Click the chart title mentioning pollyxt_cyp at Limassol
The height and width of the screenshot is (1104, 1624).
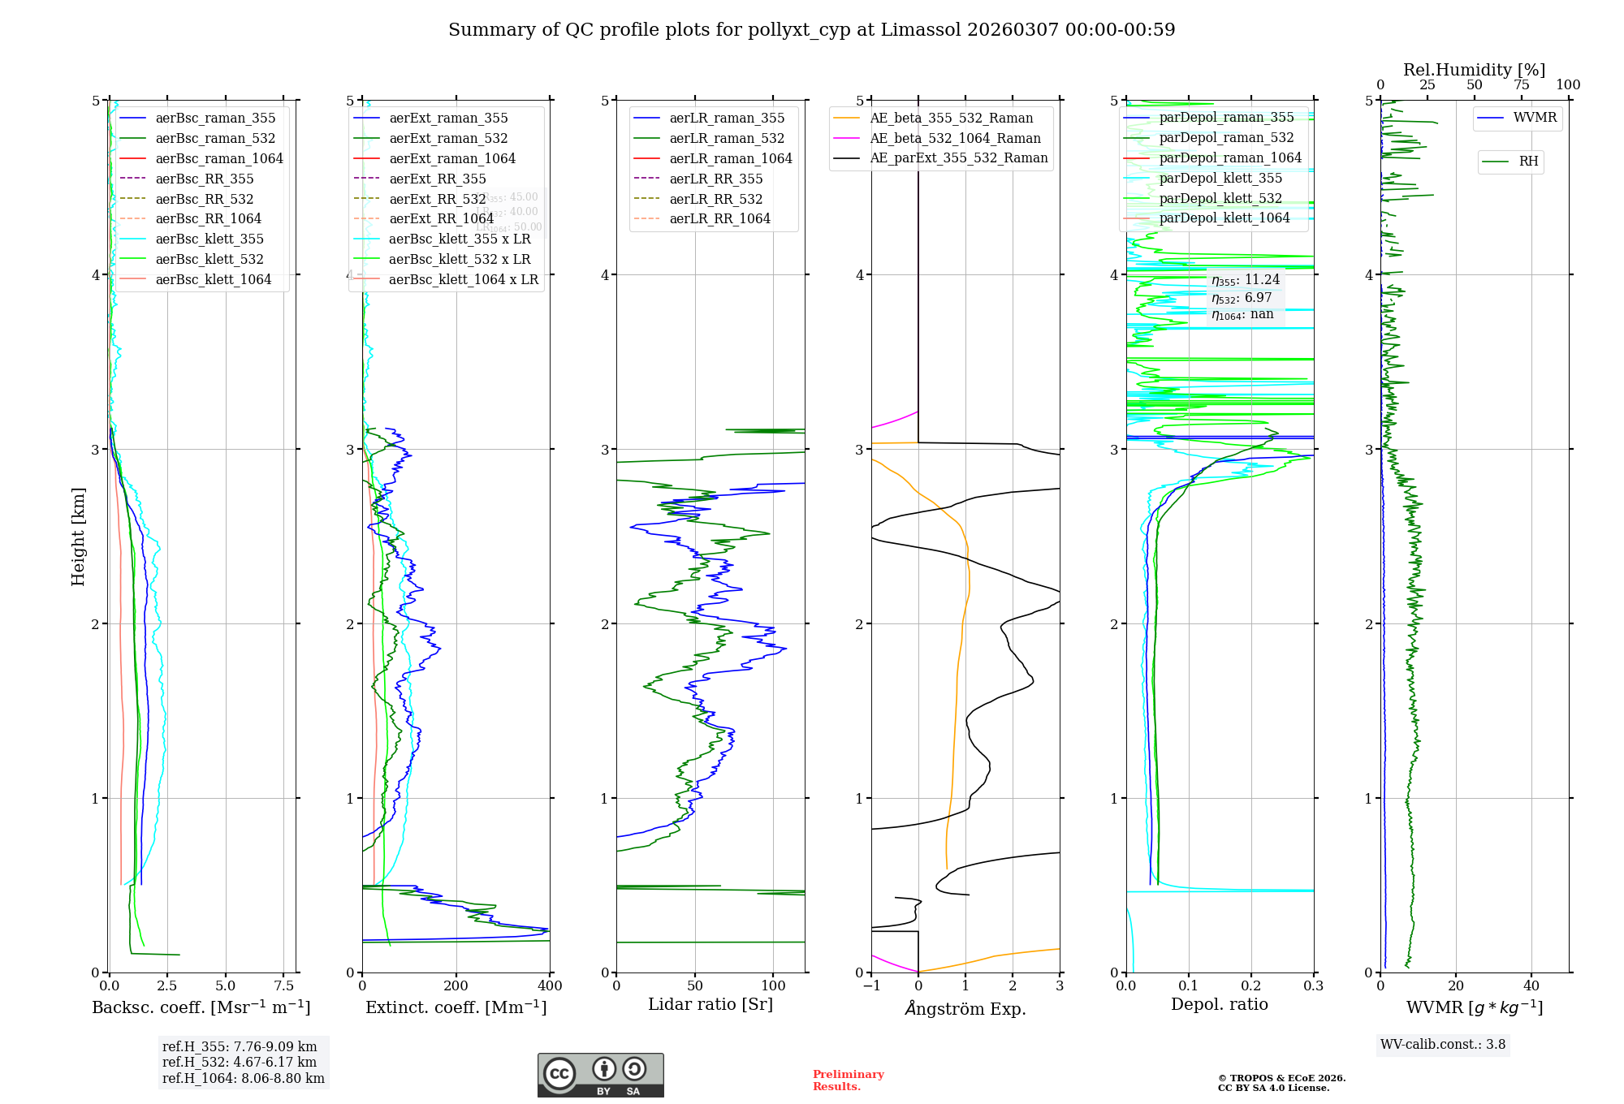coord(811,30)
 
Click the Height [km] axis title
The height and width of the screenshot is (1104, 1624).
coord(78,537)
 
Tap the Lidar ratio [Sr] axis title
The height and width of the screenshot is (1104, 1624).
coord(710,1004)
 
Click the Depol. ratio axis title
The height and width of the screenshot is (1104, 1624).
coord(1219,1004)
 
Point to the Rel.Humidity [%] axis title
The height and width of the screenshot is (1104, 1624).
coord(1474,70)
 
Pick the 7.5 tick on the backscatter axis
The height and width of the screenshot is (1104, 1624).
coord(284,986)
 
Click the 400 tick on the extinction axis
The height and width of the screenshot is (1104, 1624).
coord(550,986)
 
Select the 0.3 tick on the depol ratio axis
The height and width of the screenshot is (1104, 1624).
coord(1313,986)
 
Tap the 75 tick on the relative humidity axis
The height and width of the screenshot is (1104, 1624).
coord(1521,85)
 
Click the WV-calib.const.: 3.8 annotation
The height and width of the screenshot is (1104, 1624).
coord(1442,1045)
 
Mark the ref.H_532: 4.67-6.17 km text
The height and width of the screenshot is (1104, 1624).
coord(240,1063)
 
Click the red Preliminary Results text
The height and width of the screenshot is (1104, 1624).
coord(848,1080)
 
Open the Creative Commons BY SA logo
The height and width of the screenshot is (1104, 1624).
coord(600,1075)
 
